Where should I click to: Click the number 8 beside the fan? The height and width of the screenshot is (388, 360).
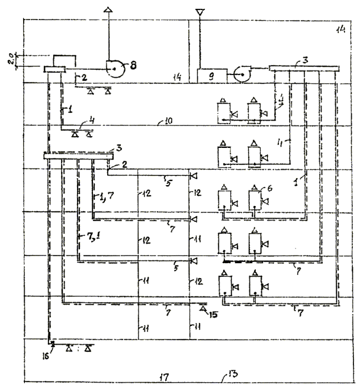point(132,65)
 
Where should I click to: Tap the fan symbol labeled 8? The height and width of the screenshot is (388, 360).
point(114,69)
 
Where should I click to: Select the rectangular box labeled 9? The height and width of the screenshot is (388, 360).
point(210,76)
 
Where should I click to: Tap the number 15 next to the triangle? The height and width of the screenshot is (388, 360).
point(214,314)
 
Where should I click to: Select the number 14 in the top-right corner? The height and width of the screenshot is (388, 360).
point(340,29)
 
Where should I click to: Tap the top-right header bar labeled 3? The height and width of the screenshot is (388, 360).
point(303,68)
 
